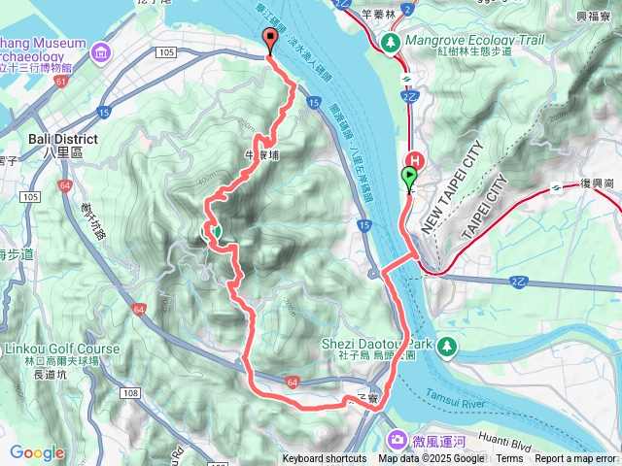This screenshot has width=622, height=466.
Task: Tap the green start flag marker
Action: click(x=409, y=177)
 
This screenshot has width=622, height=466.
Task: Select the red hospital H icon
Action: click(x=414, y=161)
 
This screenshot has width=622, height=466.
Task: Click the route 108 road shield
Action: click(x=131, y=392)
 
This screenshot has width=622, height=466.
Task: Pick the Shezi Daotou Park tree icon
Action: click(x=446, y=345)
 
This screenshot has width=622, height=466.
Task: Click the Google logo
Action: click(x=37, y=453)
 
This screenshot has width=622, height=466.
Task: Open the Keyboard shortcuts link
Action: click(x=325, y=459)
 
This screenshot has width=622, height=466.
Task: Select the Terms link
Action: click(x=509, y=459)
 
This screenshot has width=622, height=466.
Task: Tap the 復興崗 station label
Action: click(x=595, y=183)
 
